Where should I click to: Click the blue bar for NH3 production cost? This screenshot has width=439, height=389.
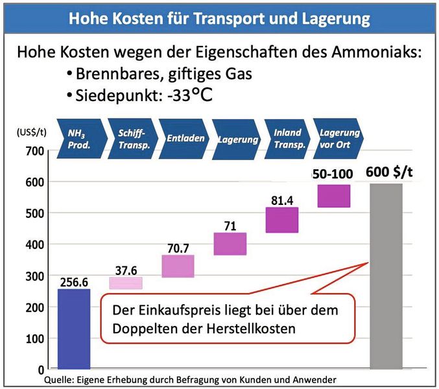(75, 327)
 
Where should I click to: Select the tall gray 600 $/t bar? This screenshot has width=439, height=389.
(386, 276)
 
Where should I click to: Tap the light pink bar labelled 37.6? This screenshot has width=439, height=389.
(125, 283)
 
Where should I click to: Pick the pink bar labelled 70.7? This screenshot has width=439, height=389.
(178, 266)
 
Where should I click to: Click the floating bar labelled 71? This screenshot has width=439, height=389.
(230, 244)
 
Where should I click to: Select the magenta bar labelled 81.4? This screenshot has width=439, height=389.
(281, 220)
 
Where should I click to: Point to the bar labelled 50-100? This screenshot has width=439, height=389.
(334, 196)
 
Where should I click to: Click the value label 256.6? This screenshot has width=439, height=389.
(75, 282)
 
